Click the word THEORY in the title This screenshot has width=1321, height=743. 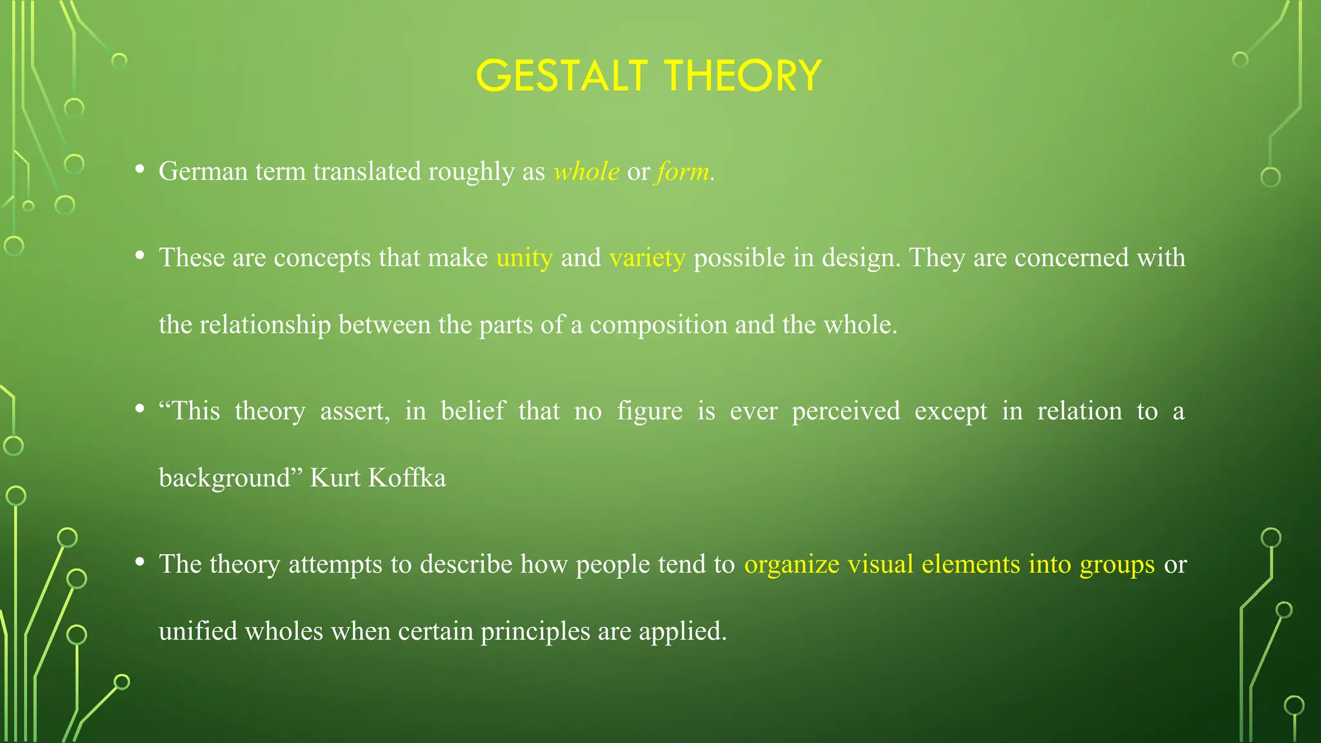(743, 75)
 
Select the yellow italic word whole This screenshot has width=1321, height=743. (586, 172)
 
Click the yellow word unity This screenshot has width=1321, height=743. (524, 258)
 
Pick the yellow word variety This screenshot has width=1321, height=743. (647, 258)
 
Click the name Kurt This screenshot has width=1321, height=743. (335, 478)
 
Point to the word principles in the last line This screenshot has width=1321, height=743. (535, 631)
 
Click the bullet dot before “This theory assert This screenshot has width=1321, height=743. (139, 409)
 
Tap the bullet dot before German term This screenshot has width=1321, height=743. (139, 170)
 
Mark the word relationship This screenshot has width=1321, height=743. (265, 324)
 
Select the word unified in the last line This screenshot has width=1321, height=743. (198, 631)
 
